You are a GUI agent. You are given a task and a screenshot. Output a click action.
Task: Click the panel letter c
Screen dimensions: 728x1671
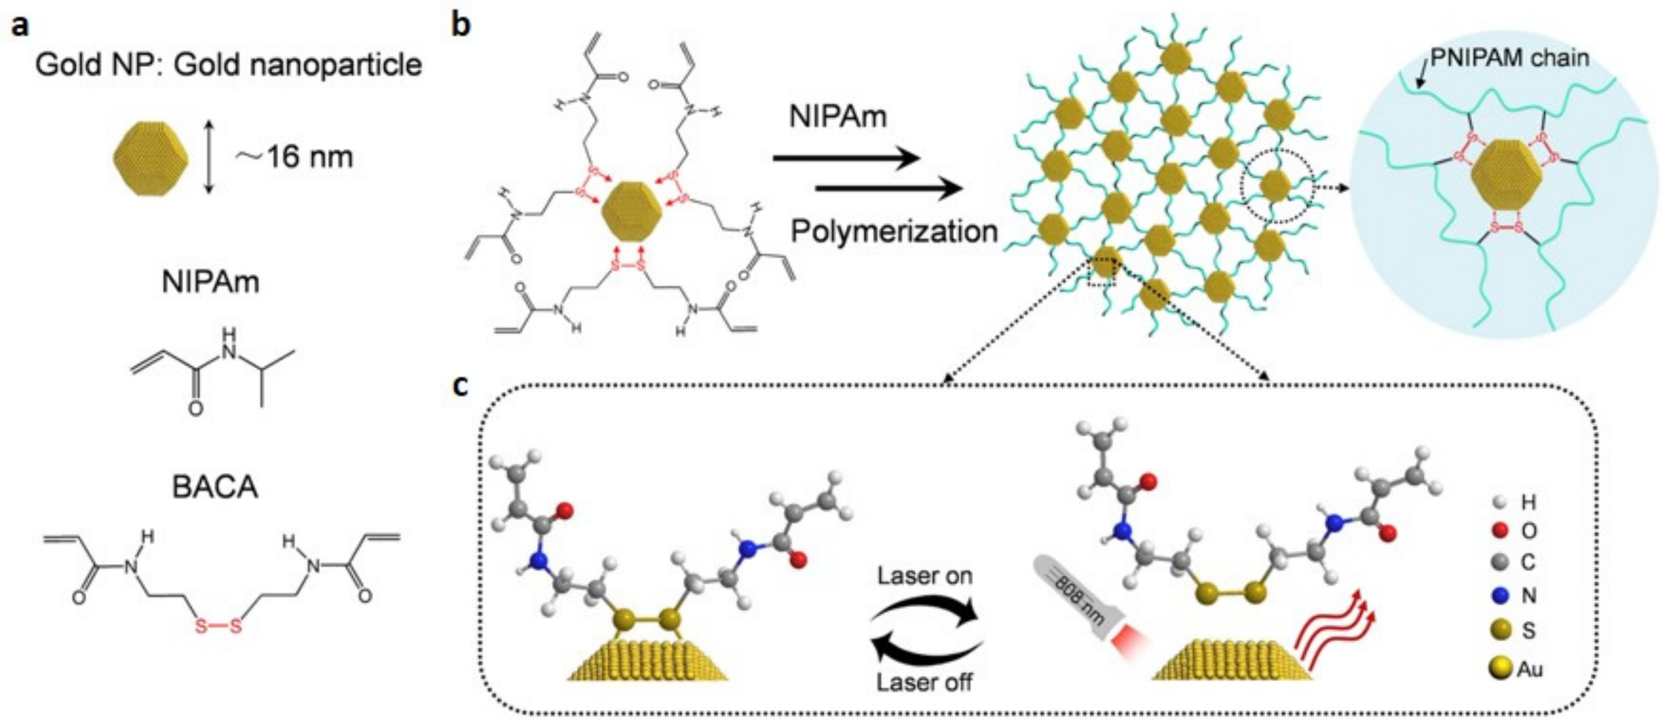(x=461, y=385)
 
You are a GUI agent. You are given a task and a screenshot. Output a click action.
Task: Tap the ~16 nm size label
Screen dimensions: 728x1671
(x=295, y=157)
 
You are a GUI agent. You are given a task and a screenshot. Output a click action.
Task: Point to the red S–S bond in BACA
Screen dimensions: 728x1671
(x=218, y=626)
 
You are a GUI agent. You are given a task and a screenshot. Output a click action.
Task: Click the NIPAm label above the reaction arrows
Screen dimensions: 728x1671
(x=838, y=116)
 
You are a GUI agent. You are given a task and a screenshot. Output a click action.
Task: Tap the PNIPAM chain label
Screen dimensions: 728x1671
(x=1510, y=58)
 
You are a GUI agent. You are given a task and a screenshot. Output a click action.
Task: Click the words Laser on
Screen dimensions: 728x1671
(x=925, y=576)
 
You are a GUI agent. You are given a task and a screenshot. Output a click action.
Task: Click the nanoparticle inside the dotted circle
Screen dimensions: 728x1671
(x=1275, y=186)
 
